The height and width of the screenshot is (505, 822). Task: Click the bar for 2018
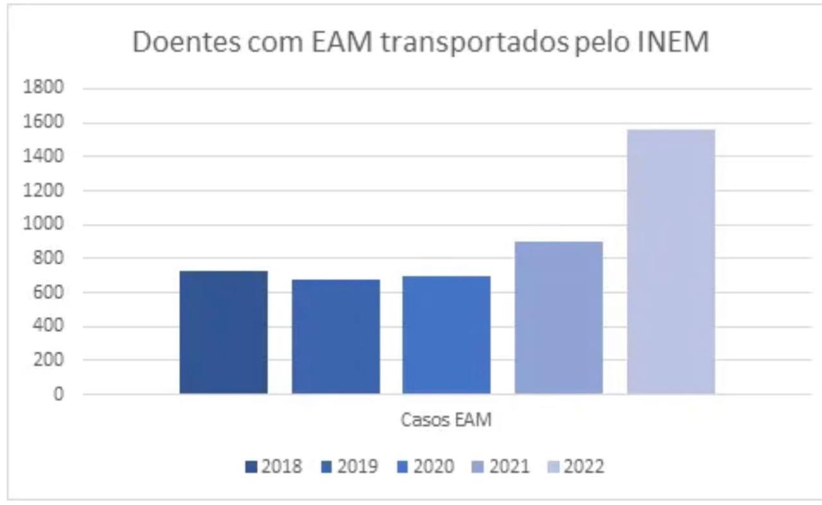click(223, 332)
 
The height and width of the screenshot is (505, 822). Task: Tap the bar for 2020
click(446, 335)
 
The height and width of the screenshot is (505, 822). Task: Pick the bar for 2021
click(559, 317)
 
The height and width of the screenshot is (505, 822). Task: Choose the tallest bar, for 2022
click(670, 261)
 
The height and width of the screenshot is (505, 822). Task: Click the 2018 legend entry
click(274, 466)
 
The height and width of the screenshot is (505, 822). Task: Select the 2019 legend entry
click(349, 466)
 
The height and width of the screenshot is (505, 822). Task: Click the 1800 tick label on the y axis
click(44, 88)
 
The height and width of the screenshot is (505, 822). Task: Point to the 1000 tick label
click(44, 224)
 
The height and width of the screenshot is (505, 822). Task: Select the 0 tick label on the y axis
click(58, 394)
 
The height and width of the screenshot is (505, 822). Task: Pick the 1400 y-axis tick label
click(44, 156)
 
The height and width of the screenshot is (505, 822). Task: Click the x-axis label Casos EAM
click(446, 421)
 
